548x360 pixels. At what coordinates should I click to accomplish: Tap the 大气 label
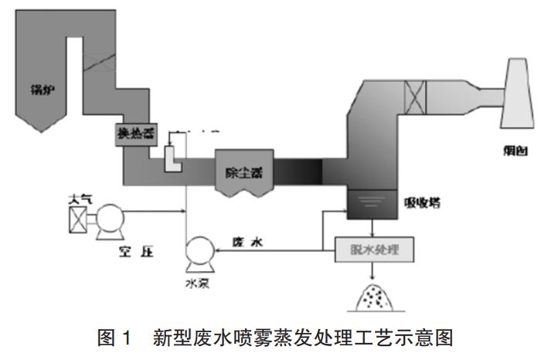coord(80,199)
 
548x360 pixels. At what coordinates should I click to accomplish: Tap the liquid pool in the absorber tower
coord(370,205)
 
